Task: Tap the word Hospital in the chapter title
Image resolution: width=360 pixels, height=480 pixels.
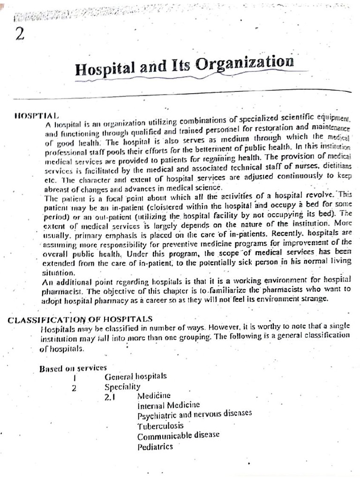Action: [105, 69]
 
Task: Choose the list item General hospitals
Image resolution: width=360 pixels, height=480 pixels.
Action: [135, 376]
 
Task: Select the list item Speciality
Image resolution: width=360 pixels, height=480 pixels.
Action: [122, 387]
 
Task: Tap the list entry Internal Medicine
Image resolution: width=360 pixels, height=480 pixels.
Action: [168, 405]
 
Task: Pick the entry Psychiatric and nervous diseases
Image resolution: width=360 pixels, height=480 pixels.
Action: [195, 414]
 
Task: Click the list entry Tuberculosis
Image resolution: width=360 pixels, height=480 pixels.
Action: [160, 426]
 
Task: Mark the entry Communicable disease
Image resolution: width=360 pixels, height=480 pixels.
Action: [178, 435]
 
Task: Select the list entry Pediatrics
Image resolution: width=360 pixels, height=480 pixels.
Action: [155, 446]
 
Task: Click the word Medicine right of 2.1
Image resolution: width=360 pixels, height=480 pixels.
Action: [155, 396]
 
